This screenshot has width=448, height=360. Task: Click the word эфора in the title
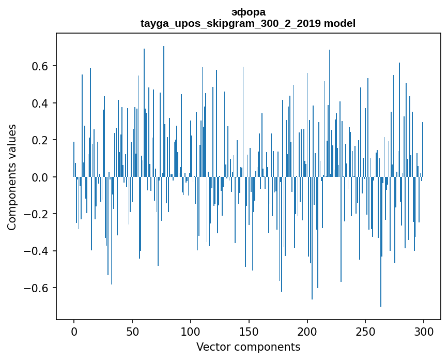(248, 12)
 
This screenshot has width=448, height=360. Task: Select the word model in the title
(339, 23)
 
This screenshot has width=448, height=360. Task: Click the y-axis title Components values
(12, 177)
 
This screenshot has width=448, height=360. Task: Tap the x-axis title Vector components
(248, 347)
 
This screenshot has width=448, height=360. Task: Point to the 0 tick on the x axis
(74, 331)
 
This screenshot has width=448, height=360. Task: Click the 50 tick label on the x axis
(132, 331)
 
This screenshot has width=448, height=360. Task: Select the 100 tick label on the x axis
(191, 331)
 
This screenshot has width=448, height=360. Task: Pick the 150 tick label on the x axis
(249, 331)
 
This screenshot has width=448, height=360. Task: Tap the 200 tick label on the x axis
(307, 331)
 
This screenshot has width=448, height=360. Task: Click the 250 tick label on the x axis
(366, 331)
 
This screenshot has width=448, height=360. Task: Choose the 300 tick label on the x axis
(424, 331)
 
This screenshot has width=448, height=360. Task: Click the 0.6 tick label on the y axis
(40, 66)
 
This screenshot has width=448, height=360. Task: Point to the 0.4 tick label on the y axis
(40, 103)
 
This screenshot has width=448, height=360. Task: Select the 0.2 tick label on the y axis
(40, 140)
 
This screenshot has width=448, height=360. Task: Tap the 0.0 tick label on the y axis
(40, 177)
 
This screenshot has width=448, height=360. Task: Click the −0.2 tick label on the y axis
(37, 214)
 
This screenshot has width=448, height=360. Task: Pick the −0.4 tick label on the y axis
(37, 251)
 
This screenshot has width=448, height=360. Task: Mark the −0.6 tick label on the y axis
(37, 288)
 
